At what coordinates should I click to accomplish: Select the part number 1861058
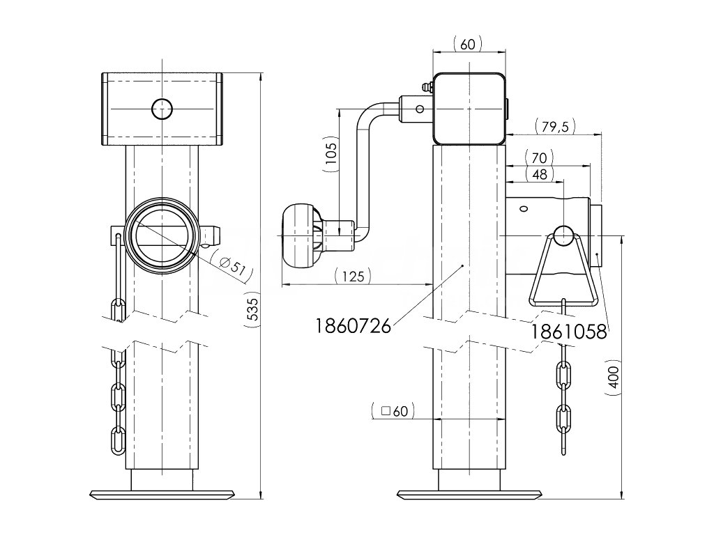click(x=569, y=332)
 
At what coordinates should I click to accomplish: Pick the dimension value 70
click(x=542, y=157)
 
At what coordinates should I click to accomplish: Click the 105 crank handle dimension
click(x=331, y=157)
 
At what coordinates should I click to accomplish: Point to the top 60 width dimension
click(x=468, y=45)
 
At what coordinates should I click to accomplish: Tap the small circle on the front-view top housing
click(x=162, y=108)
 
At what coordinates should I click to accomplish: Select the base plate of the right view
click(x=469, y=495)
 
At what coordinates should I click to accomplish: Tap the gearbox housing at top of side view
click(x=469, y=108)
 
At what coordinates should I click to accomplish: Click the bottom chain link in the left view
click(x=119, y=440)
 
